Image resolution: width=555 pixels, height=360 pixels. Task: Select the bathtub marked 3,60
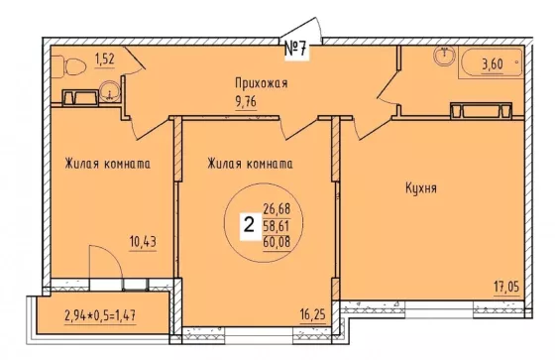coord(492,62)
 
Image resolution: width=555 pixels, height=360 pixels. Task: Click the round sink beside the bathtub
coord(445,56)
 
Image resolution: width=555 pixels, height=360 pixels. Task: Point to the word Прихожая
coord(262,83)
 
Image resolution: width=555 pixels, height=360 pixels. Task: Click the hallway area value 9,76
coord(246,102)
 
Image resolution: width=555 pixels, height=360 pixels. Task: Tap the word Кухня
coord(421,188)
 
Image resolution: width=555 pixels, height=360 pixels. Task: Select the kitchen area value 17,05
coord(506,286)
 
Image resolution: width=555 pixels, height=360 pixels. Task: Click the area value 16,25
coord(312,313)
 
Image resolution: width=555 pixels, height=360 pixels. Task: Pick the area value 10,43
coord(143,242)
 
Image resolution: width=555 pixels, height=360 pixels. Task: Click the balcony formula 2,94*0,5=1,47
coord(100,314)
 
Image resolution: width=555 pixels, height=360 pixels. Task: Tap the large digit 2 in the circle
coord(250,224)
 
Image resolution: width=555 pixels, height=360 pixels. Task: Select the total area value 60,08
coord(277,242)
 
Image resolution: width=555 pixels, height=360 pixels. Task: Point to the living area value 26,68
coord(277,208)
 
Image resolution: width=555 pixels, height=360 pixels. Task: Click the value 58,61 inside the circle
coord(277,225)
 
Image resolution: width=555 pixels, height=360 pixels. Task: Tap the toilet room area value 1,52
coord(105,60)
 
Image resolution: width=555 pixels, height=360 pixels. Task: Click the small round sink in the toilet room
coord(110,91)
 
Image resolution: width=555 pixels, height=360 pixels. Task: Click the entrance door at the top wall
coord(301,30)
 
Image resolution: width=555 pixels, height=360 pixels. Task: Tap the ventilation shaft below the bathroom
coord(481,110)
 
